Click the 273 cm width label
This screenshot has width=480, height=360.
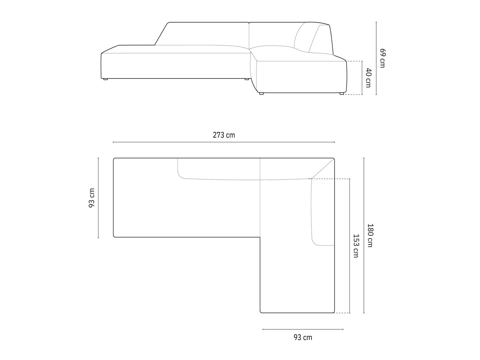pos(224,135)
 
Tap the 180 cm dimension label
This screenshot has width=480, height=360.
pos(370,235)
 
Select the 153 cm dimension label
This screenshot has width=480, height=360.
pos(356,246)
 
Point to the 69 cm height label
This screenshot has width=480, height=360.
pos(382,58)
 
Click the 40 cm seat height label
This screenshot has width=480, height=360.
pos(368,78)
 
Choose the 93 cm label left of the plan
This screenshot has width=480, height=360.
pos(92,198)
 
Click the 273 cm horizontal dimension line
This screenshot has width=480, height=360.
pos(224,142)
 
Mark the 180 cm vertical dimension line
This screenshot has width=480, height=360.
pos(364,235)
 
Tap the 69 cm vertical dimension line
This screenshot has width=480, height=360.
pos(376,58)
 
